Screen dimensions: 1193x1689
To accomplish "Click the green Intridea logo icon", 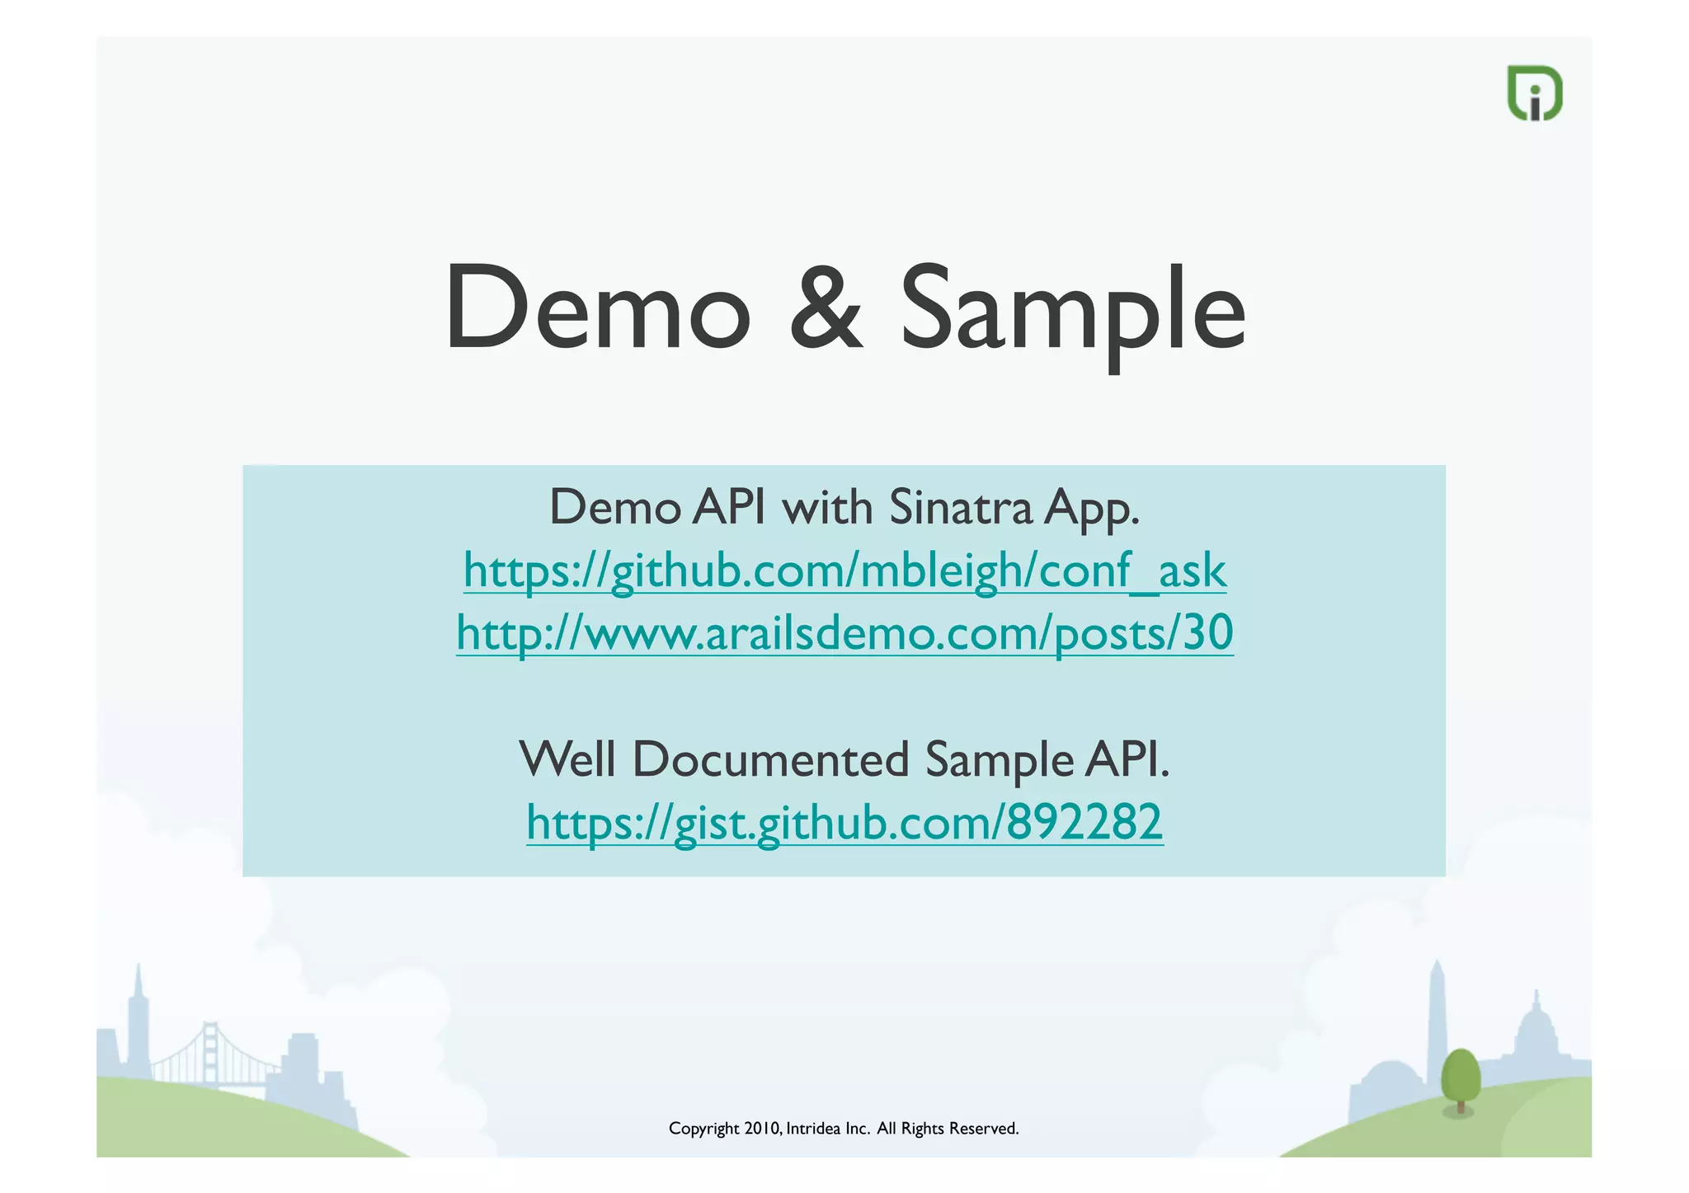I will pos(1535,93).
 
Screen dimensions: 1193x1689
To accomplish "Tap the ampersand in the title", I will pos(826,308).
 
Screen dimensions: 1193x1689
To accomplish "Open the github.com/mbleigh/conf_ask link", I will pos(844,571).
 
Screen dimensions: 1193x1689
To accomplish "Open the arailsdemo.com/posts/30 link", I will pos(844,633).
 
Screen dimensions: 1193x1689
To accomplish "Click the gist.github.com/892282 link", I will pos(844,822).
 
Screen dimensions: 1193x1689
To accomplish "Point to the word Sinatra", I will pos(961,507).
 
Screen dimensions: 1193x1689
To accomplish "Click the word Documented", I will pos(770,759).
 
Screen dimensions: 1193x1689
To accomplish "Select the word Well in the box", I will pos(568,759).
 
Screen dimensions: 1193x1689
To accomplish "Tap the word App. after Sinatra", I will pos(1092,509).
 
